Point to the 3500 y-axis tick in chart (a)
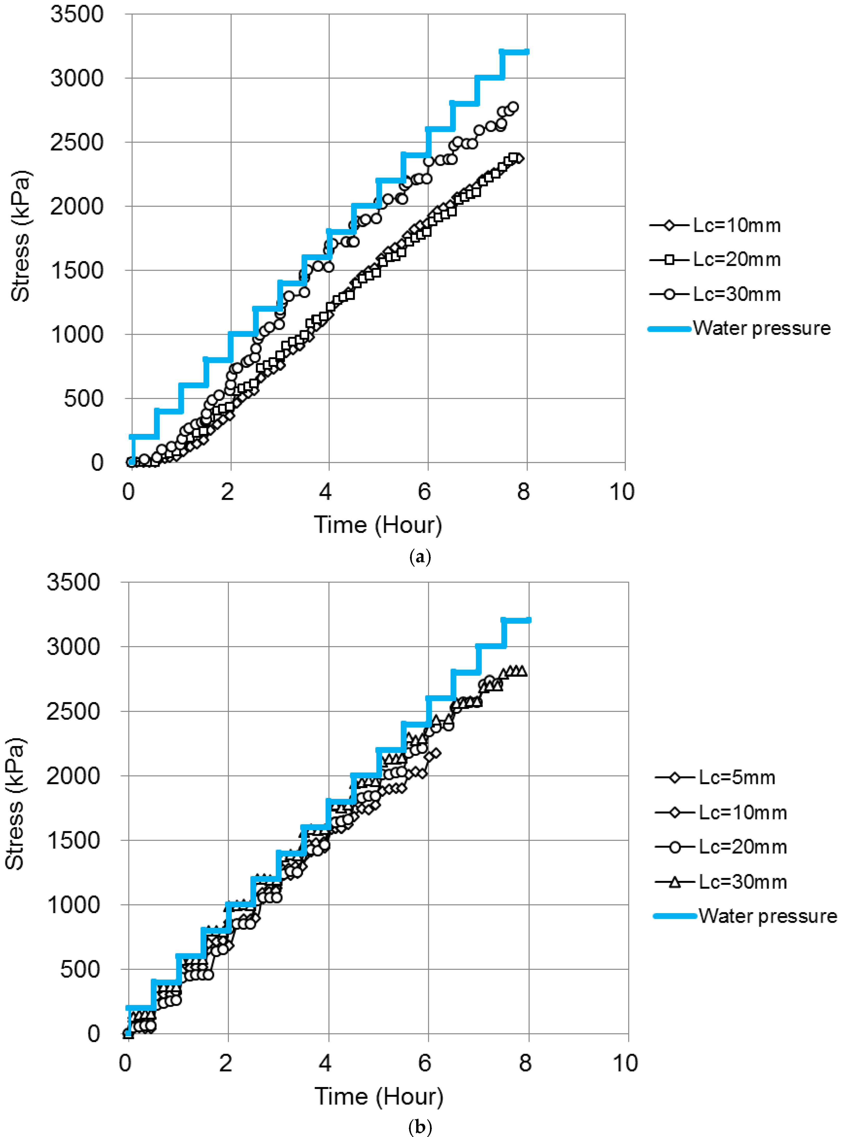pos(77,14)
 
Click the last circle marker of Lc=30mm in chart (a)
pos(513,107)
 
